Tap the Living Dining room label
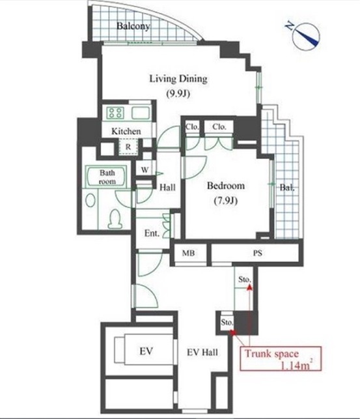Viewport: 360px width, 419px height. point(178,79)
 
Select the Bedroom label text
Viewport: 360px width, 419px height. point(226,186)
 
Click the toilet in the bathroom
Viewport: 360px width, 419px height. point(115,219)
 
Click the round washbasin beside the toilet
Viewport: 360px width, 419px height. point(90,200)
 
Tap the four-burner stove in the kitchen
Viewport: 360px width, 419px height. point(116,113)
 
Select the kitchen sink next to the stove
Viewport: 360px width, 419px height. point(141,113)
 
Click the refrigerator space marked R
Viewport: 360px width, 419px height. point(128,147)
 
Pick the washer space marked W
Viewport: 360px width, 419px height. point(145,169)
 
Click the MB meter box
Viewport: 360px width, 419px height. point(188,253)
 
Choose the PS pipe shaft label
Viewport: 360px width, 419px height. point(257,253)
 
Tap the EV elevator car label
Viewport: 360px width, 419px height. point(146,351)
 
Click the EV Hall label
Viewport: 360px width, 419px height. point(202,353)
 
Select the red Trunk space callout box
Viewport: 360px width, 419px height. point(281,358)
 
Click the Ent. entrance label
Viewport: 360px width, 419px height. point(152,233)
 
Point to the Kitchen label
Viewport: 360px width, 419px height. point(126,131)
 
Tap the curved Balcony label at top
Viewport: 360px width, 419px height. point(133,26)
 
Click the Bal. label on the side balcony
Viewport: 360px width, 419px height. point(287,188)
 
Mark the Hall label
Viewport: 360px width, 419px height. point(167,187)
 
